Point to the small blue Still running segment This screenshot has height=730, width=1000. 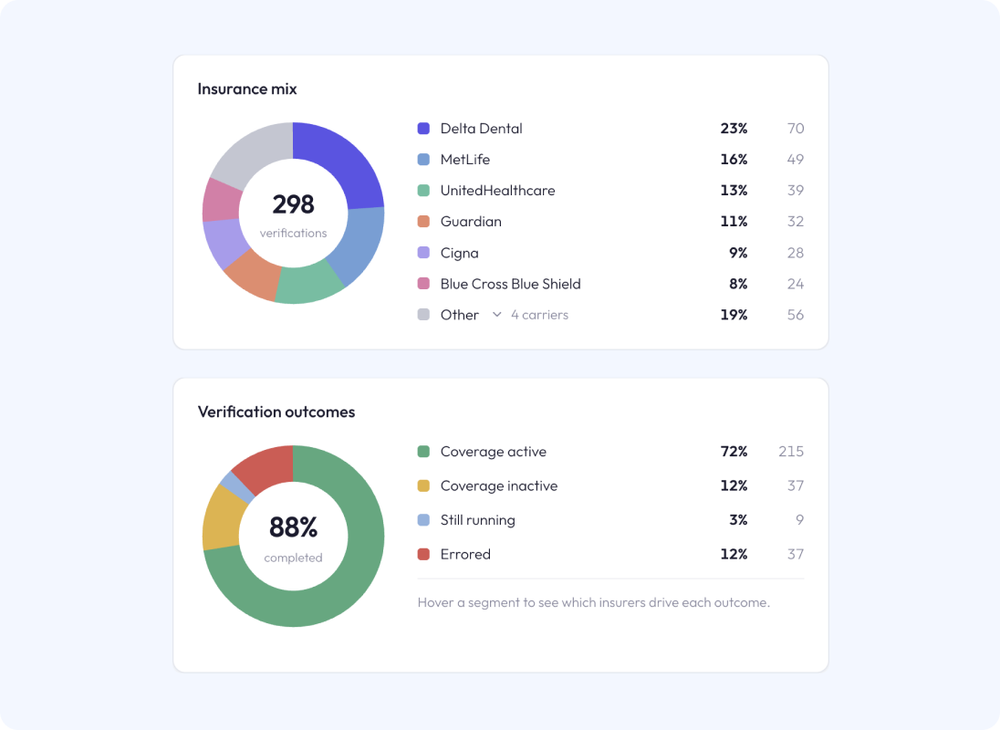237,486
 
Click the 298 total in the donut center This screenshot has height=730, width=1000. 294,204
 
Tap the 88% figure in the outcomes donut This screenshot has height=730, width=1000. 294,527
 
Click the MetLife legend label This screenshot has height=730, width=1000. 465,160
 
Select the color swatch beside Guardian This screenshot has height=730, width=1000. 423,221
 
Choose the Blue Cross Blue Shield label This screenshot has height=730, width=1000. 510,284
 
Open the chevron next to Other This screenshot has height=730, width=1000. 497,314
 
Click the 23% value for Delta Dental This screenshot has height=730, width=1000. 734,128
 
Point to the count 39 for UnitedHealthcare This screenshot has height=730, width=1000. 796,190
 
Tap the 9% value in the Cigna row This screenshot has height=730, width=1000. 738,253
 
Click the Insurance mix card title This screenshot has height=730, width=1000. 247,89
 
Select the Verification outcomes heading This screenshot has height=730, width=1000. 276,412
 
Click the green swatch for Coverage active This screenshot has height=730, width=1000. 423,452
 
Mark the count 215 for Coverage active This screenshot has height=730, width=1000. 791,452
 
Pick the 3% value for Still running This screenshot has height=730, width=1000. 738,519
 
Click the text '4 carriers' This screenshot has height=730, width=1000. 539,314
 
